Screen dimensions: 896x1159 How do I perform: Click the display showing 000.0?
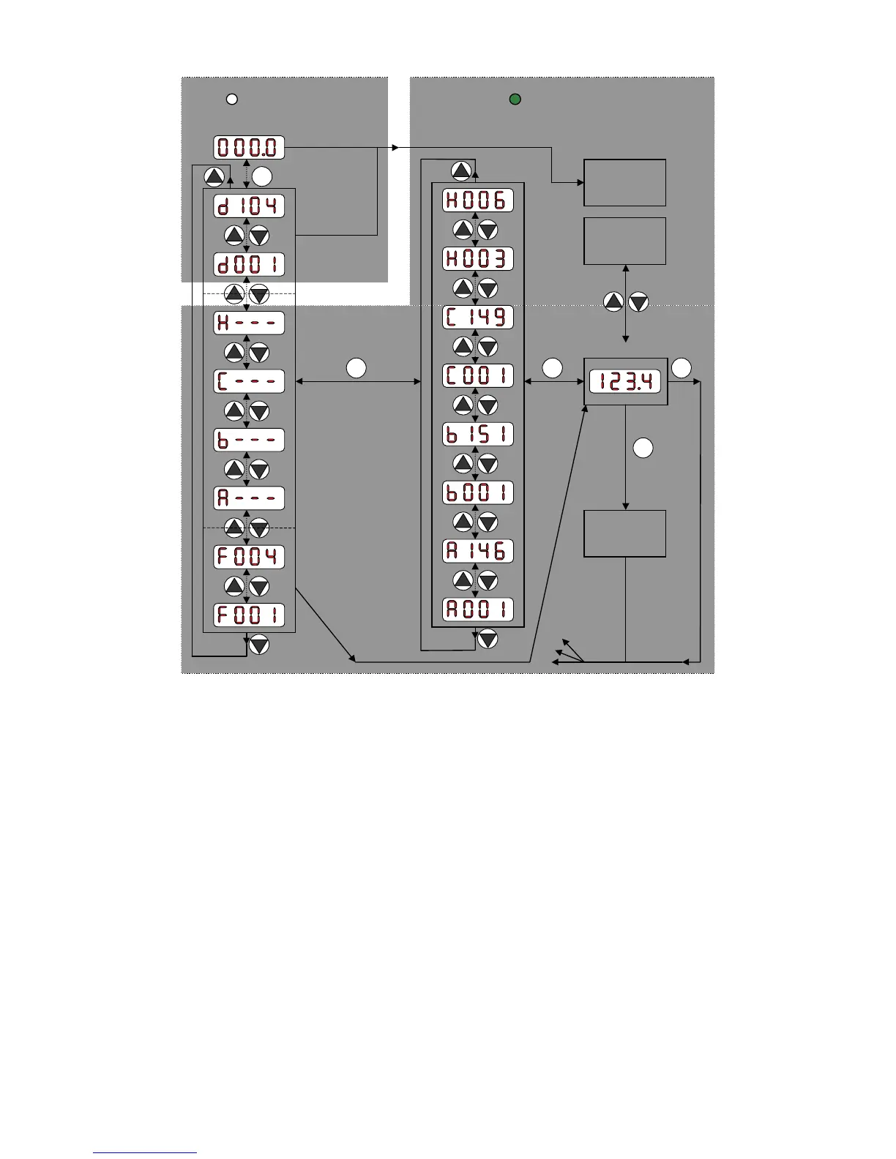(249, 148)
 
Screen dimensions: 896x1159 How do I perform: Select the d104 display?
(249, 206)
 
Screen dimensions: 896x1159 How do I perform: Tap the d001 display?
(249, 265)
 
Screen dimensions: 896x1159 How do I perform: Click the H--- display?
(249, 323)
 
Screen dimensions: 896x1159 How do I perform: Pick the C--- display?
(249, 382)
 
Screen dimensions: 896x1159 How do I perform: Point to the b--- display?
(249, 440)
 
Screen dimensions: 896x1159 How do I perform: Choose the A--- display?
(249, 499)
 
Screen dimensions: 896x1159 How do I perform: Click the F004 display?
(249, 557)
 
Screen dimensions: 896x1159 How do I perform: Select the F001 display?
(249, 615)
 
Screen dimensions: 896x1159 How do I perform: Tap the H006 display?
(477, 200)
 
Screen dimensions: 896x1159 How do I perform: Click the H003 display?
(477, 259)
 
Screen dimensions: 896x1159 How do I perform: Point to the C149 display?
(477, 318)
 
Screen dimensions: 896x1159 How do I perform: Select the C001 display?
(477, 376)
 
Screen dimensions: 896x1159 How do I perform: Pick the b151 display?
(477, 435)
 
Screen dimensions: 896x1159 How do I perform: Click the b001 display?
(477, 493)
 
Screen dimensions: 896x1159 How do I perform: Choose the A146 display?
(477, 551)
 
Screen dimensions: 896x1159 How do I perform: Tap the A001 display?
(477, 609)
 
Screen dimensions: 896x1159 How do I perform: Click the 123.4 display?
(625, 382)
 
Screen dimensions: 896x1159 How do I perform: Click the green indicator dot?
(515, 99)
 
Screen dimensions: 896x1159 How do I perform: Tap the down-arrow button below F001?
(259, 645)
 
